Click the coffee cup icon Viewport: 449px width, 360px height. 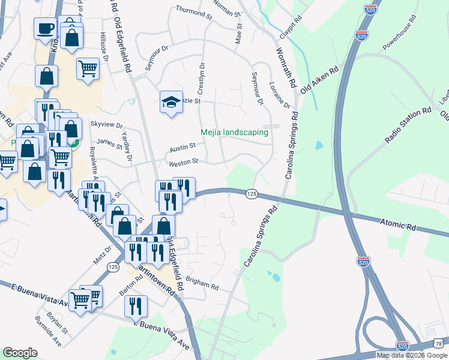(46, 28)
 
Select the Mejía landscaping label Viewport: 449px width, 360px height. (234, 133)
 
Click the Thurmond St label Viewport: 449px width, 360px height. (193, 10)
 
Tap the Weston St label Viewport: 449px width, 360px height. (184, 162)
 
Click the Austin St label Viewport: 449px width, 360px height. (182, 146)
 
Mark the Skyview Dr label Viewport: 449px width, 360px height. (106, 124)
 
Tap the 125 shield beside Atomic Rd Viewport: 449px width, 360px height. (252, 193)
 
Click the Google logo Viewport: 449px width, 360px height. (20, 353)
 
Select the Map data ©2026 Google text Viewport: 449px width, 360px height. (411, 355)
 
